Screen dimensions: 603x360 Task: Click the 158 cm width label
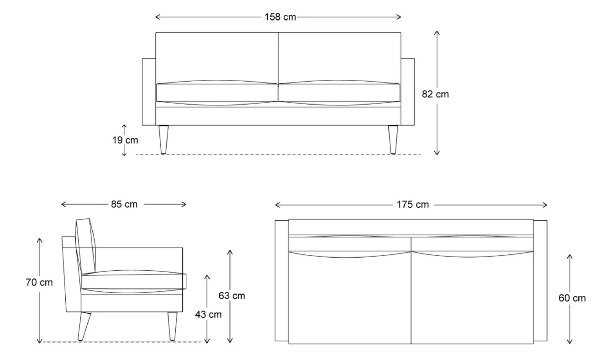tap(280, 17)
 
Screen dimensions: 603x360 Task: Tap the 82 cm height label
tap(435, 94)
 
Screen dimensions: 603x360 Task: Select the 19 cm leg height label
tap(125, 140)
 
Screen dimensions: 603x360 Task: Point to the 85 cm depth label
tap(124, 204)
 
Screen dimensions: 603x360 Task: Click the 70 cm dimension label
tap(39, 283)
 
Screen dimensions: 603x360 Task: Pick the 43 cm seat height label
tap(208, 314)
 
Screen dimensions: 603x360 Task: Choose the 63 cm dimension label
tap(232, 296)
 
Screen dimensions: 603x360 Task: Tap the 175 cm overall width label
tap(413, 205)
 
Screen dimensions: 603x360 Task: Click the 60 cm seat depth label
tap(572, 298)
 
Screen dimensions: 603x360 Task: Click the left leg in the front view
tap(163, 140)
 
